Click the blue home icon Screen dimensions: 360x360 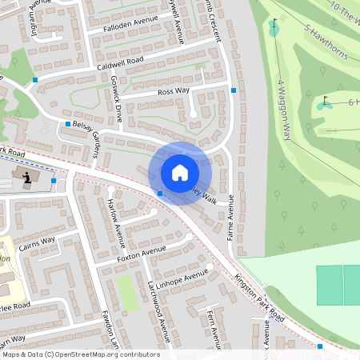pos(180,173)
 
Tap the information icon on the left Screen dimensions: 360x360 pos(28,177)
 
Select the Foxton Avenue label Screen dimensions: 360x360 pos(141,254)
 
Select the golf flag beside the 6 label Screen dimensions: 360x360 pos(324,103)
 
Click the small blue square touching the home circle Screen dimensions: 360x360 pos(161,194)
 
